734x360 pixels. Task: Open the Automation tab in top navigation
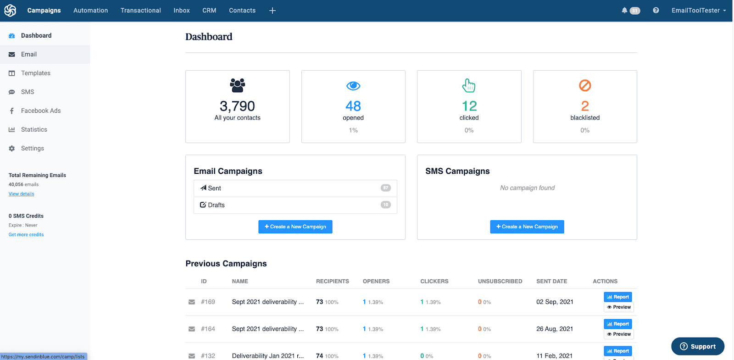pyautogui.click(x=90, y=11)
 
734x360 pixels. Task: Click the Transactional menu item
pyautogui.click(x=140, y=11)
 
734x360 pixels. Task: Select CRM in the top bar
pyautogui.click(x=209, y=11)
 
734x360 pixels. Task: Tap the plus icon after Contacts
pyautogui.click(x=272, y=11)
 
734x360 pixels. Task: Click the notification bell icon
pyautogui.click(x=624, y=11)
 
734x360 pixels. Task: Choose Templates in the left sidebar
pyautogui.click(x=35, y=73)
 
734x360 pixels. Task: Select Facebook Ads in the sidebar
pyautogui.click(x=40, y=111)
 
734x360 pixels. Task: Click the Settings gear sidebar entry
pyautogui.click(x=32, y=148)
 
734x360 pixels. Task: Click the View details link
pyautogui.click(x=21, y=194)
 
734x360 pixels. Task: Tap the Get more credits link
pyautogui.click(x=26, y=235)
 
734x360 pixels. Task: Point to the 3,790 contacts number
pyautogui.click(x=237, y=106)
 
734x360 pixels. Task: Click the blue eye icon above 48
pyautogui.click(x=353, y=86)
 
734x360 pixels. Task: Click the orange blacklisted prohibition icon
pyautogui.click(x=584, y=85)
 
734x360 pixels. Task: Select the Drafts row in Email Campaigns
pyautogui.click(x=295, y=205)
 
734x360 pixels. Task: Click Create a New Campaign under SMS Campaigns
pyautogui.click(x=527, y=227)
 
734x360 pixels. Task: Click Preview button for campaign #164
pyautogui.click(x=618, y=334)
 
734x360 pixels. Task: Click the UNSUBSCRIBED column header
pyautogui.click(x=500, y=282)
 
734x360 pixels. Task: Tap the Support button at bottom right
pyautogui.click(x=697, y=347)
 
